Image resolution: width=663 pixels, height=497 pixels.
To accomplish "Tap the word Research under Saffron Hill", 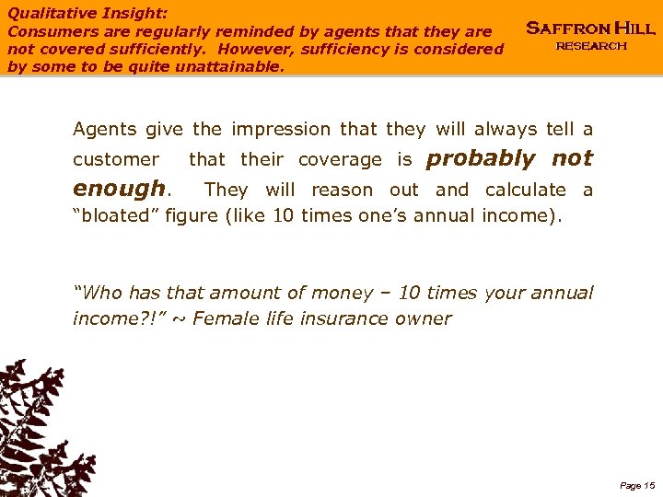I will (591, 46).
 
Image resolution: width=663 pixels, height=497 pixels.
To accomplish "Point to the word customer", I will (116, 159).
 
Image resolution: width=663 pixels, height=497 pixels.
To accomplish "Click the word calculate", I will (526, 190).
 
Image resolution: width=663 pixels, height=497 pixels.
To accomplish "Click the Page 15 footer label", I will (637, 485).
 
